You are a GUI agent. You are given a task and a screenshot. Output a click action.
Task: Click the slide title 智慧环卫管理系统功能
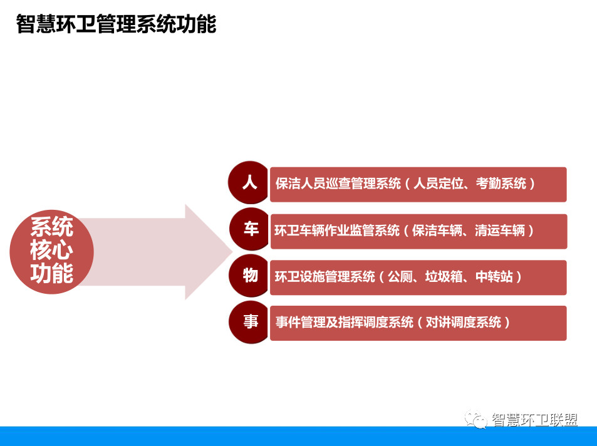(x=116, y=24)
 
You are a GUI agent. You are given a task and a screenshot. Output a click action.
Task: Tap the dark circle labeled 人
(x=249, y=182)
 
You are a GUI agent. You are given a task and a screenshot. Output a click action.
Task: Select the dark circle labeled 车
(x=250, y=229)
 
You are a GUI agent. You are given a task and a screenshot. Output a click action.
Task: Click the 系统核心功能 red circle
(x=52, y=252)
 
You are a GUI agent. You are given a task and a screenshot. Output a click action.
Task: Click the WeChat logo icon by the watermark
(x=475, y=419)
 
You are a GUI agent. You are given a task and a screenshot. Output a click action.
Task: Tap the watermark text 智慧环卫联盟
(x=534, y=420)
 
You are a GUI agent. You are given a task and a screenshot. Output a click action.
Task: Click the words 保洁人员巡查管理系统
(x=338, y=184)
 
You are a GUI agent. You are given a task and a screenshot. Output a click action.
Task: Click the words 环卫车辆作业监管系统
(x=337, y=231)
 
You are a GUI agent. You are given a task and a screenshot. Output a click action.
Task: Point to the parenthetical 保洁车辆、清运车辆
(x=469, y=231)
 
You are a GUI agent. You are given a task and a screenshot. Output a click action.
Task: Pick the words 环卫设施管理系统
(x=324, y=276)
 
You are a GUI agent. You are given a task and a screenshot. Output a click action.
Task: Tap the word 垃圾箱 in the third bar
(x=444, y=276)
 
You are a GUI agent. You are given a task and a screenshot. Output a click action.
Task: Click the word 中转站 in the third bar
(x=494, y=276)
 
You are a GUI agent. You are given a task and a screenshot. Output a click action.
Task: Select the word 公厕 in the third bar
(x=400, y=276)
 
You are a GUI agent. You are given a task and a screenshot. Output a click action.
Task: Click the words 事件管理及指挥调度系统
(x=345, y=322)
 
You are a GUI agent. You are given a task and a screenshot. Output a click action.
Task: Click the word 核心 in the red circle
(x=52, y=250)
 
